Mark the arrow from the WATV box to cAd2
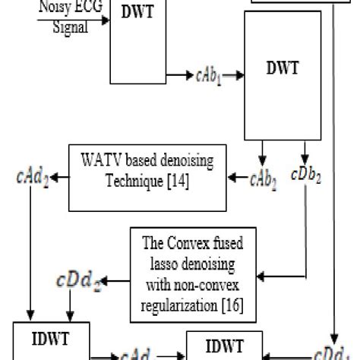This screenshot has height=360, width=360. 59,178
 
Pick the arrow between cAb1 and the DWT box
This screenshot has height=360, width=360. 234,76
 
